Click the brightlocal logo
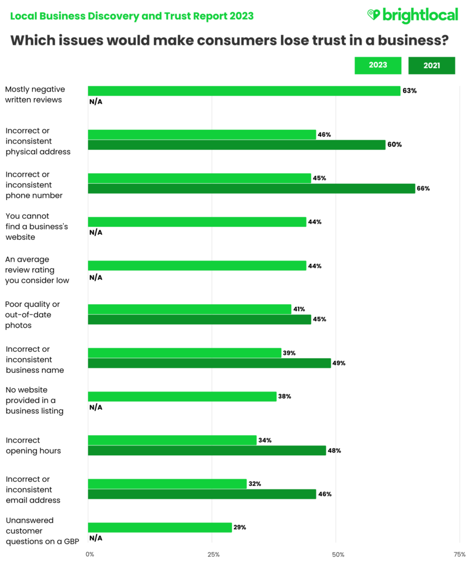click(412, 15)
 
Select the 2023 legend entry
click(377, 65)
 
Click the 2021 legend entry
click(431, 65)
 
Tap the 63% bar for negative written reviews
click(244, 91)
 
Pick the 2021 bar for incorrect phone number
click(251, 189)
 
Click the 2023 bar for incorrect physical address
click(202, 135)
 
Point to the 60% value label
click(395, 145)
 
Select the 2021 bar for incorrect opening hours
click(207, 451)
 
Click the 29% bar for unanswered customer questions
click(160, 528)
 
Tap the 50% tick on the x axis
click(338, 554)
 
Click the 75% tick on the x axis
click(459, 554)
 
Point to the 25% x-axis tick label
click(214, 554)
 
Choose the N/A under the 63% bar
click(95, 101)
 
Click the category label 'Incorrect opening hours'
click(33, 445)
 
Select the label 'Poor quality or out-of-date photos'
click(32, 315)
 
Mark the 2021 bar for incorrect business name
click(209, 364)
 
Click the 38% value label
click(285, 397)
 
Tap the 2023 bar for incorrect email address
click(167, 484)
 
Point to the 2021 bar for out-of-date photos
click(199, 319)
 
